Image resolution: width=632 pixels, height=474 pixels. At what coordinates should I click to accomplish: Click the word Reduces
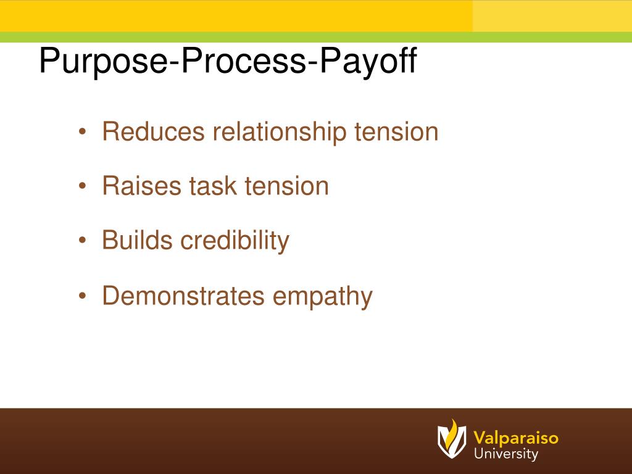(x=153, y=131)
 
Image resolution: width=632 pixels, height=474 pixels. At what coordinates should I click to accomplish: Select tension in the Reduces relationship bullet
(x=396, y=131)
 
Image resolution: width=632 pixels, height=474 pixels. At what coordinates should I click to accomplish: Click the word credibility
(x=235, y=240)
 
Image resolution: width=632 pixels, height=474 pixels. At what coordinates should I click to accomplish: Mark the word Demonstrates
(x=183, y=296)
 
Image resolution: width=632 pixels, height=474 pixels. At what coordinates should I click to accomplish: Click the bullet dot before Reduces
(x=83, y=133)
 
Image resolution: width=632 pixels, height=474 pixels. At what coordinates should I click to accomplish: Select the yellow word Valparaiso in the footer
(x=516, y=438)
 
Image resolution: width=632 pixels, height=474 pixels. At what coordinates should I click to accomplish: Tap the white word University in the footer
(x=506, y=454)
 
